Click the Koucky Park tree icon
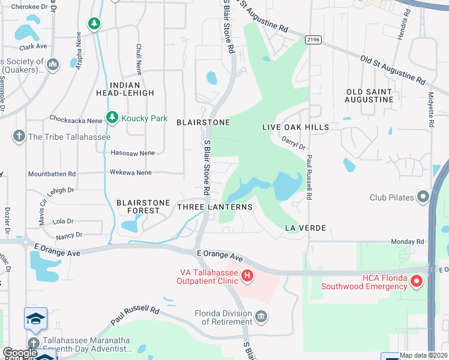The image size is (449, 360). [111, 118]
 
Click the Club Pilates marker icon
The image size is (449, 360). [424, 197]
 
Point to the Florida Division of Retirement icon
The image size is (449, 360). [261, 316]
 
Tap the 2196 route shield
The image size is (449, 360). [313, 40]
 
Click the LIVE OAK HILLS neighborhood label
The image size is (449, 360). [296, 127]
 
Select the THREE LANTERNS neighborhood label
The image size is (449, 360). [215, 207]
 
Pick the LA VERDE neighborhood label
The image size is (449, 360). [305, 228]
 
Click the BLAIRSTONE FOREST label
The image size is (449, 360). [143, 206]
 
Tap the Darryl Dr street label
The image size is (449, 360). [294, 143]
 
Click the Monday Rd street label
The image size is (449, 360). [408, 241]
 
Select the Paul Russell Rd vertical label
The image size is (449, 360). [310, 178]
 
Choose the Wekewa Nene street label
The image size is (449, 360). [130, 172]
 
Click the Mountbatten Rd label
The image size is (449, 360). [52, 173]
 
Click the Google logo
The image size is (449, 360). [20, 353]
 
